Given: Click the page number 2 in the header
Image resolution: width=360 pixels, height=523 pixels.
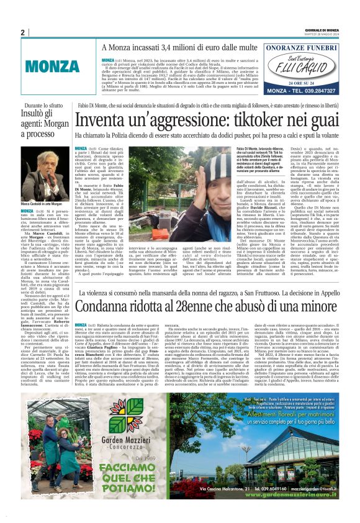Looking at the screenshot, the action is pos(22,32).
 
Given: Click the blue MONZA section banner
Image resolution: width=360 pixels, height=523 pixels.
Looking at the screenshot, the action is pos(48,65).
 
